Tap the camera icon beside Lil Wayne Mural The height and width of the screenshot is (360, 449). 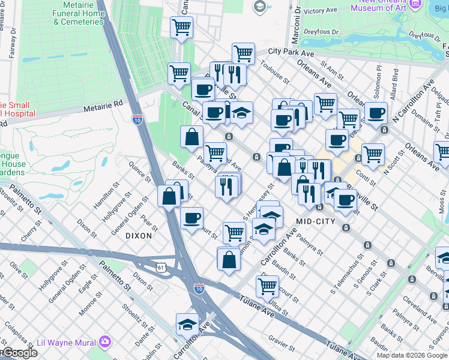click(106, 341)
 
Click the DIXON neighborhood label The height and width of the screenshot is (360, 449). click(139, 236)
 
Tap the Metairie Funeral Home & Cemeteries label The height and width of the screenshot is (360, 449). click(78, 13)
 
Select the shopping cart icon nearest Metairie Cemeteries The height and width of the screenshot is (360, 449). click(181, 26)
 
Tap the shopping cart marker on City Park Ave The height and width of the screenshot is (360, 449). click(243, 53)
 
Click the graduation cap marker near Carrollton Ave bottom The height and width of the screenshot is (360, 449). click(188, 324)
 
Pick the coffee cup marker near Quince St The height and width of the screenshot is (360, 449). click(191, 218)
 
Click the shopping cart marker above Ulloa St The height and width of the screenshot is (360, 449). click(267, 286)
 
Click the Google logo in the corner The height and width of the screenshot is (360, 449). click(19, 353)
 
